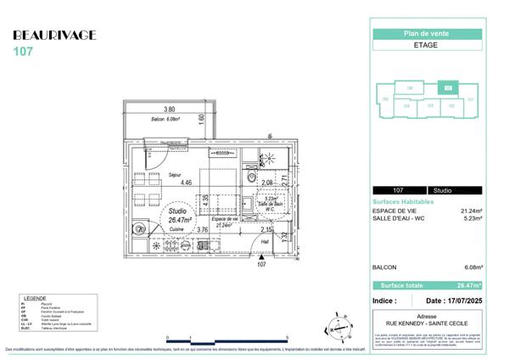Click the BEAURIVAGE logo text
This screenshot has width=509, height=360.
tap(55, 35)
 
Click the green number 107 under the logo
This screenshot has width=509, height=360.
tap(23, 51)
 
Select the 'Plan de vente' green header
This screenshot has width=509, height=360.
tap(428, 33)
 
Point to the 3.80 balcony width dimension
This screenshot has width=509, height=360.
tap(169, 110)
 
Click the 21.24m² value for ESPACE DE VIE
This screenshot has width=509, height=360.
tap(471, 211)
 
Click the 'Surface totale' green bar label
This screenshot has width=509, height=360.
tap(399, 286)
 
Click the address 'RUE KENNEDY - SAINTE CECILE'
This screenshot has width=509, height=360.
tap(428, 323)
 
